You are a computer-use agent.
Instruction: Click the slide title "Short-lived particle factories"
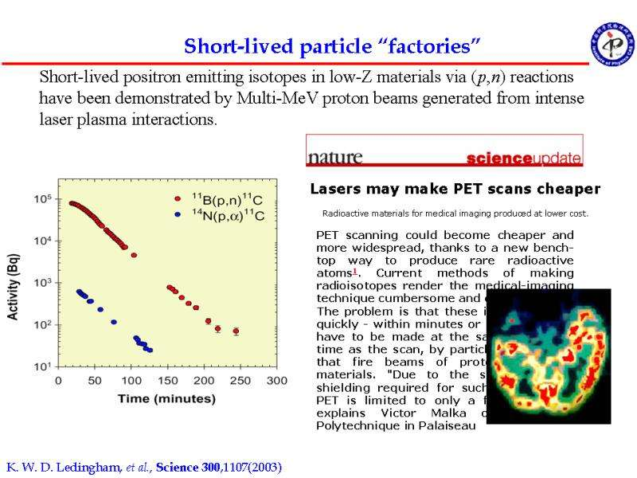333,46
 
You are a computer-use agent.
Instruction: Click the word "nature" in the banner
335,156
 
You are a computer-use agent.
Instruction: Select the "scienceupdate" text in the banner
523,158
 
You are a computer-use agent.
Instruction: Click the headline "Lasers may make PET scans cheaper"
454,190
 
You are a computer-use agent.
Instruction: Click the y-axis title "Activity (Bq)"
14,282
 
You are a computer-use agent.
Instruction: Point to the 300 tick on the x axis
276,381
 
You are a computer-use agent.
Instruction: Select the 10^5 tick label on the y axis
41,198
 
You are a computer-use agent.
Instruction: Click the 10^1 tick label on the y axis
41,366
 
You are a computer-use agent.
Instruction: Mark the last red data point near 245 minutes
236,331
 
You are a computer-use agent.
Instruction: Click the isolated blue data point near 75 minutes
114,323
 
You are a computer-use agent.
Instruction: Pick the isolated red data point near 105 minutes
134,255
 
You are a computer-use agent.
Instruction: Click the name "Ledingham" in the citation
85,466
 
